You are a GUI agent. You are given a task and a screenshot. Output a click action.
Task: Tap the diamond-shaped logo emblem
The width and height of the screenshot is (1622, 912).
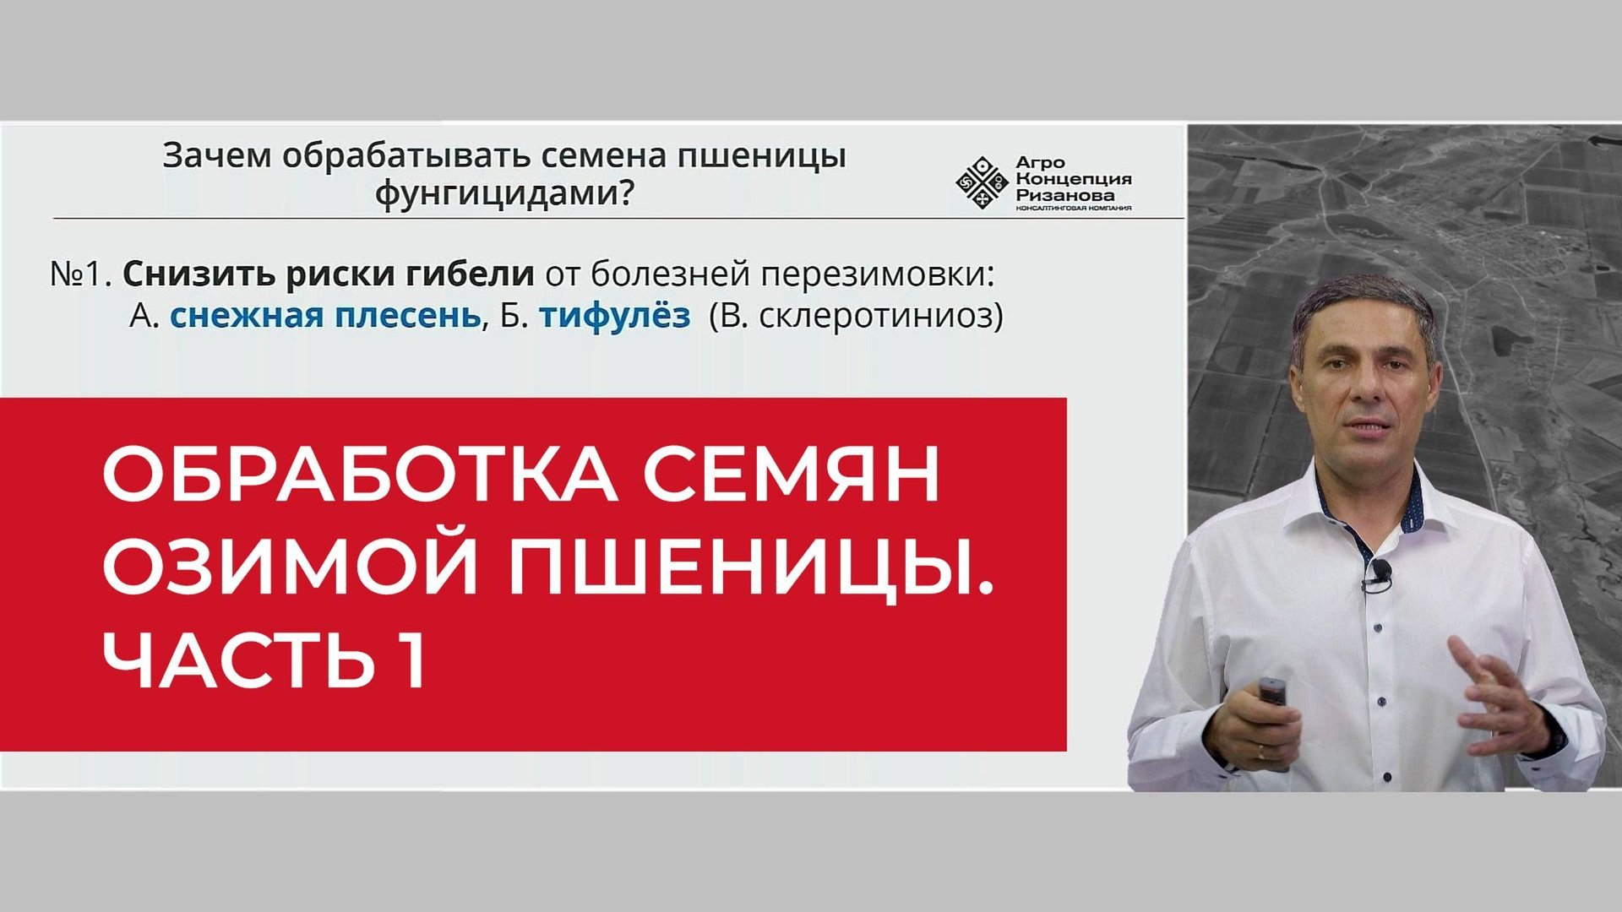pyautogui.click(x=982, y=182)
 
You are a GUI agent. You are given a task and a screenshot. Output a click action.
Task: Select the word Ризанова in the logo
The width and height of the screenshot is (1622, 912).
pyautogui.click(x=1064, y=195)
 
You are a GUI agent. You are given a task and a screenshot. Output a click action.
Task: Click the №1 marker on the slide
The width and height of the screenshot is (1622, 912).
pyautogui.click(x=81, y=274)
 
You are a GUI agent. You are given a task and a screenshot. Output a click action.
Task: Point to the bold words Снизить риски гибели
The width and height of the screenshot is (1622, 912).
pyautogui.click(x=329, y=274)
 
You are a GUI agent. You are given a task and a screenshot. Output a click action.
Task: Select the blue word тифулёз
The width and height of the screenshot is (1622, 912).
pyautogui.click(x=614, y=316)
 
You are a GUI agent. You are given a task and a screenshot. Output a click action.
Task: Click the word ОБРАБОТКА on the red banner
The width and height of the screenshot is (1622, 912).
pyautogui.click(x=359, y=475)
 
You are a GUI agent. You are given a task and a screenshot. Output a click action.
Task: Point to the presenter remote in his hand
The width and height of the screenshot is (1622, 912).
pyautogui.click(x=1272, y=692)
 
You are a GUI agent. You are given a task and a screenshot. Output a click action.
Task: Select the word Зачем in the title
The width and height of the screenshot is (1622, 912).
pyautogui.click(x=217, y=157)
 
